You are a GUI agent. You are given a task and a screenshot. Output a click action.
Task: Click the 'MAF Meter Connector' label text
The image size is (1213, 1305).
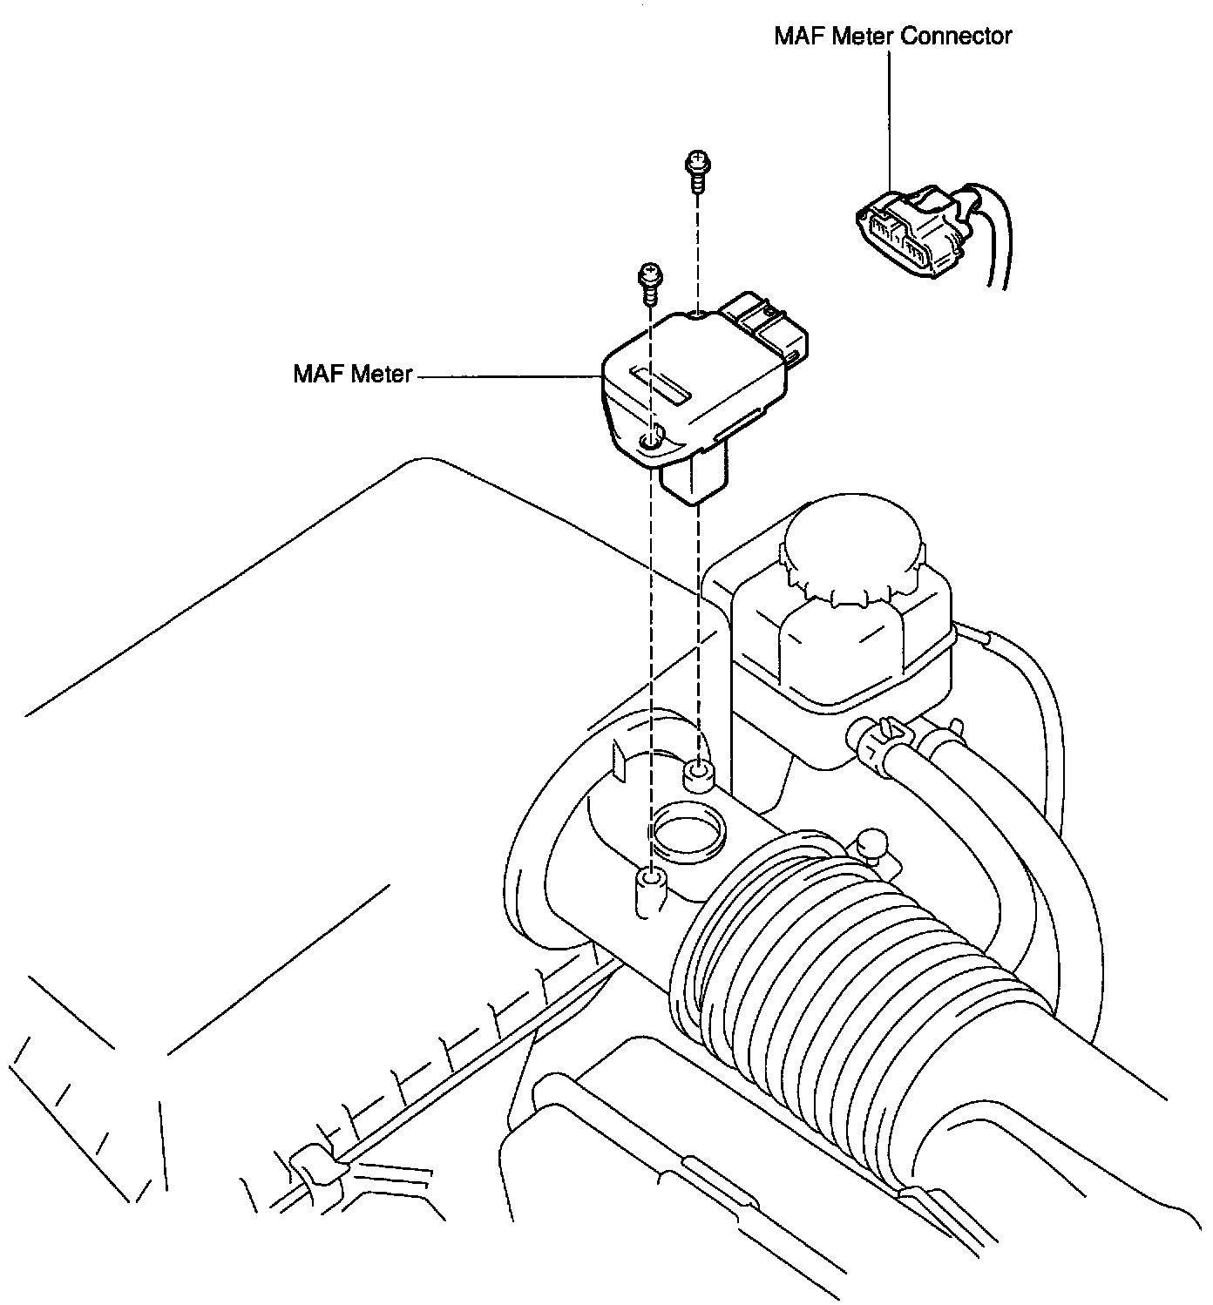892,37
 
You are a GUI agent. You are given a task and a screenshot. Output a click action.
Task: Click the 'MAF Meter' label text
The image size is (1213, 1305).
352,375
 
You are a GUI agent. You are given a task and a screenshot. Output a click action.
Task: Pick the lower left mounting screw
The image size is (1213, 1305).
649,281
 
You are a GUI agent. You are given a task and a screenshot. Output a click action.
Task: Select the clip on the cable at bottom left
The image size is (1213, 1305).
312,1166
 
